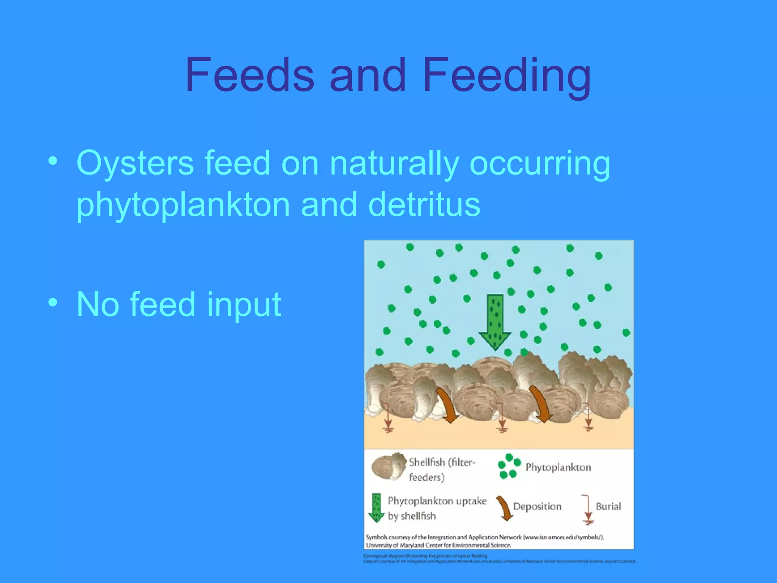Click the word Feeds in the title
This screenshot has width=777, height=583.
pos(250,75)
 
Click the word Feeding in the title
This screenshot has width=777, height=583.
pos(506,76)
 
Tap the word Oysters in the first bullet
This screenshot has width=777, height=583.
pos(135,163)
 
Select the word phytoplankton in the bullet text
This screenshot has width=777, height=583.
pos(183,205)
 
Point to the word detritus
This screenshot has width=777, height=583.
pos(424,205)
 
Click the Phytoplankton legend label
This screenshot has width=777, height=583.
pos(558,467)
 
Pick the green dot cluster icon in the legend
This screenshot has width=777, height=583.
pos(508,466)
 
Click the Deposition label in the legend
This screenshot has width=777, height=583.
pos(537,506)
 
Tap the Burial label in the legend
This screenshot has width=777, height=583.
pos(608,506)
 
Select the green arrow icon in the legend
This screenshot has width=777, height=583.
pos(376,508)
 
